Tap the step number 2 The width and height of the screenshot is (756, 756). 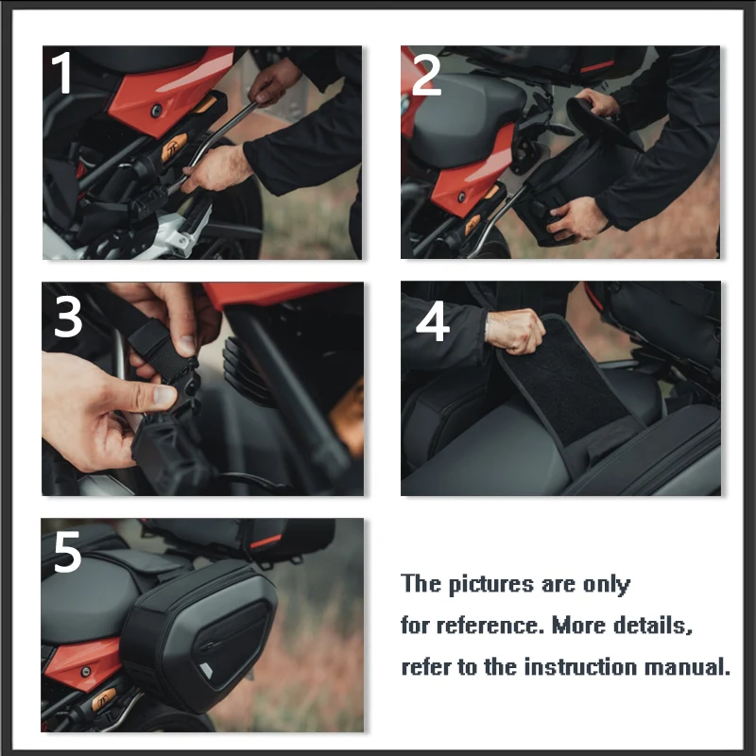coord(426,75)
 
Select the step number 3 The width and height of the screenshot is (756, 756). coord(68,317)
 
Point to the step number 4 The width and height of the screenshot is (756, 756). coord(433,321)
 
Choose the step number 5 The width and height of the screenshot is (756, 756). coord(67,552)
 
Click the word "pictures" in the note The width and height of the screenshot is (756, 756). coord(490,584)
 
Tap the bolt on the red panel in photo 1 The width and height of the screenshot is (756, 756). coord(156,111)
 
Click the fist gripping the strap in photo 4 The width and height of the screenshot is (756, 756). coord(514,332)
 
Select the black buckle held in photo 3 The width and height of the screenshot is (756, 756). coord(182,381)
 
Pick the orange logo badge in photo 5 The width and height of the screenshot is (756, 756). coord(104,700)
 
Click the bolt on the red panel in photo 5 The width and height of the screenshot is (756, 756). coord(85,671)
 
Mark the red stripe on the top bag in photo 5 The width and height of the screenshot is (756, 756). coord(266,541)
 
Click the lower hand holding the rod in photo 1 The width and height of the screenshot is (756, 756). coord(216,168)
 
